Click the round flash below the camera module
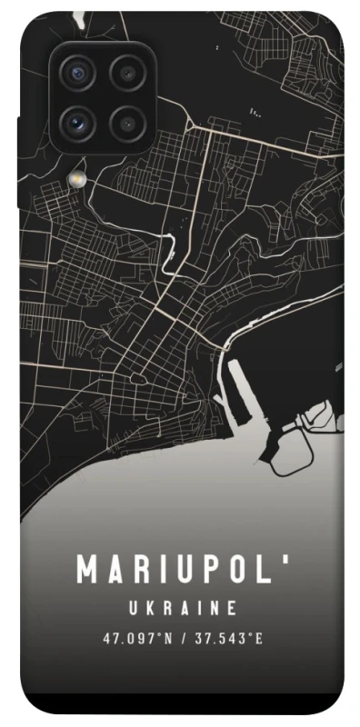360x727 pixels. [78, 175]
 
